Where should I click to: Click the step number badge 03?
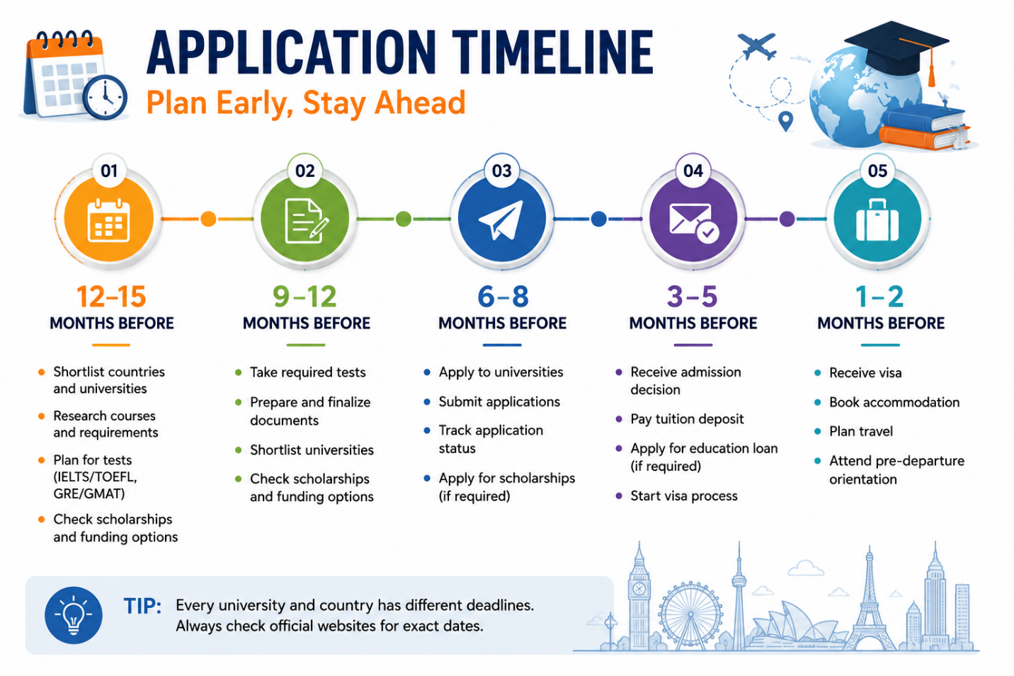pyautogui.click(x=501, y=171)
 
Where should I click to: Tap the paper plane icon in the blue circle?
pyautogui.click(x=501, y=219)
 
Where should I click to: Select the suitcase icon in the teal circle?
pyautogui.click(x=877, y=220)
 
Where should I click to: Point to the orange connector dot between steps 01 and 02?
pyautogui.click(x=208, y=219)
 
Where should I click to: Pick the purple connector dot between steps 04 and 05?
pyautogui.click(x=787, y=219)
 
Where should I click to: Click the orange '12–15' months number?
pyautogui.click(x=111, y=297)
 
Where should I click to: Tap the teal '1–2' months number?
pyautogui.click(x=879, y=297)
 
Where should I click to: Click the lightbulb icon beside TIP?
pyautogui.click(x=74, y=615)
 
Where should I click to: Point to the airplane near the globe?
pyautogui.click(x=757, y=46)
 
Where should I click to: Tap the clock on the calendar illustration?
pyautogui.click(x=105, y=97)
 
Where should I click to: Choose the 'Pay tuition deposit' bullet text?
pyautogui.click(x=687, y=419)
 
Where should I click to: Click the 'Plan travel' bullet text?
pyautogui.click(x=861, y=431)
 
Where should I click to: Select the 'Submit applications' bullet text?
pyautogui.click(x=499, y=402)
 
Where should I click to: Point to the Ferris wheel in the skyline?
pyautogui.click(x=690, y=615)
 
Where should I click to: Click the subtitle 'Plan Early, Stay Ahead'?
pyautogui.click(x=306, y=103)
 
